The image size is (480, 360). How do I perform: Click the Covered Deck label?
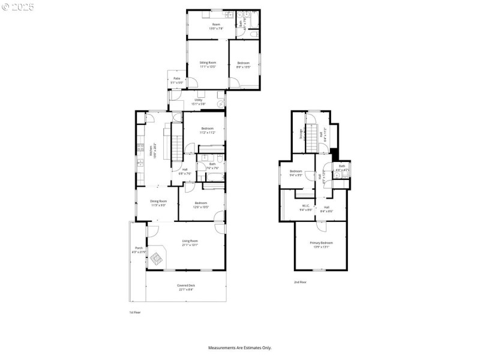pos(186,287)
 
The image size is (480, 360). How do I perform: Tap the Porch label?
pos(139,250)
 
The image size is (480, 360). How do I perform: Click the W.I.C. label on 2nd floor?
pos(306,208)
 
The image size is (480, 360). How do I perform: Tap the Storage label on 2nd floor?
pos(301,133)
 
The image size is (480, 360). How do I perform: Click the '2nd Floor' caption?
pos(300,281)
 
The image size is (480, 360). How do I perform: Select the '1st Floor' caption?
pos(136,313)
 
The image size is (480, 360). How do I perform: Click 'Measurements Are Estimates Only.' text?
pos(239,347)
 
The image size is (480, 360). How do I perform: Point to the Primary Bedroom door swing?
pos(321,226)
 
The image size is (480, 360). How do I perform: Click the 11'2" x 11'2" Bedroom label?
pos(207,130)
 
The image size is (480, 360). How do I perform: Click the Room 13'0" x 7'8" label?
pos(215,26)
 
